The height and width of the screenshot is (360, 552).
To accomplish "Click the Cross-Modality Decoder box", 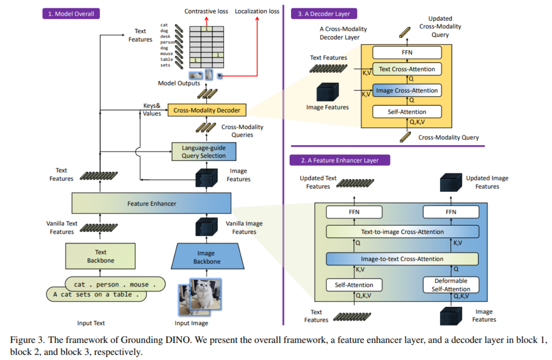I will coord(207,110).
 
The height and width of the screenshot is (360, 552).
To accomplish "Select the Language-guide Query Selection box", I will coord(204,152).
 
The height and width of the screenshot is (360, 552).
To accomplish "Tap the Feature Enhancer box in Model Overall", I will coord(151,204).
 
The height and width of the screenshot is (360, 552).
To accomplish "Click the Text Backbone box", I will coord(101,256).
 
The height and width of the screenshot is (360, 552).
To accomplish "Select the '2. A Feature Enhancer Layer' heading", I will coord(340,161).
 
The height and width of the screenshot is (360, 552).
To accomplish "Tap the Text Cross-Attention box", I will coord(407,69).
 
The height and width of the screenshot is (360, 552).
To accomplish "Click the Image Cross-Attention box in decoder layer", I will coord(407,91).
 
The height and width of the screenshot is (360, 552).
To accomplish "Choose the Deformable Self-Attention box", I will coord(451,285).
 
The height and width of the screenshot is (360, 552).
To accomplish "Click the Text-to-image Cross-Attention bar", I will coord(402,232).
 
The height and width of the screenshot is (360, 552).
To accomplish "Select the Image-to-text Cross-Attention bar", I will coord(402,259).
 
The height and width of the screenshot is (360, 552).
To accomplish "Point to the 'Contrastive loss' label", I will coord(206,11).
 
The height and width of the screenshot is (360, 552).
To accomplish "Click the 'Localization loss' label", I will coord(257,11).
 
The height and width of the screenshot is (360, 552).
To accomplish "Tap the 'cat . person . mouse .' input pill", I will coord(115,284).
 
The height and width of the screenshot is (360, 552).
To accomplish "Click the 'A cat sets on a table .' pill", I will coord(96,295).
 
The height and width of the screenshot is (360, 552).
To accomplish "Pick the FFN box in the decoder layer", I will coord(407,53).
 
